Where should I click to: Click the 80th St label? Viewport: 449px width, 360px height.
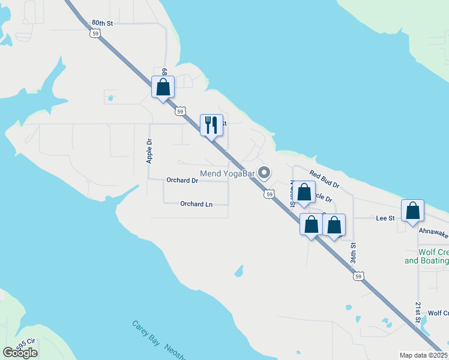click(x=103, y=23)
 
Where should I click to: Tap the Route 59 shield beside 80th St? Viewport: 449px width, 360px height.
click(x=96, y=34)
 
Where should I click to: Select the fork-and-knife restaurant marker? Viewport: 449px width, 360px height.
click(x=211, y=125)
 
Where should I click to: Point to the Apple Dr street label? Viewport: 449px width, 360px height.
click(x=149, y=151)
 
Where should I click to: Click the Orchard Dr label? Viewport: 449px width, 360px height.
click(x=182, y=180)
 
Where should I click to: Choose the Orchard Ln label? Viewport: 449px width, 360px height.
click(x=196, y=204)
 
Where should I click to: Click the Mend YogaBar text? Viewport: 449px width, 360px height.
click(x=228, y=174)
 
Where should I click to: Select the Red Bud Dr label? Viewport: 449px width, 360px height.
click(x=325, y=178)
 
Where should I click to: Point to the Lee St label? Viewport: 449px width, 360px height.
click(x=385, y=218)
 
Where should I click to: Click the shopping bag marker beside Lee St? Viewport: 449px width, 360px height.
click(x=412, y=211)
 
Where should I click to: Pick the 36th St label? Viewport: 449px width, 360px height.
click(x=354, y=254)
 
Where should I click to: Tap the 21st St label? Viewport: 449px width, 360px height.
click(x=418, y=312)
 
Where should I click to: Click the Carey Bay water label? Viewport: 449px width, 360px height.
click(x=146, y=334)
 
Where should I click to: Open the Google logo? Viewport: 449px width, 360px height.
click(x=20, y=352)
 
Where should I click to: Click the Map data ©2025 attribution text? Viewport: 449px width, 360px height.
click(x=423, y=355)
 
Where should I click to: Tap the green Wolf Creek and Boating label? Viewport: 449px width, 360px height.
click(x=427, y=256)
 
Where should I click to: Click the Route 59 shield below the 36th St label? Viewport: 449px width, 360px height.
click(x=358, y=276)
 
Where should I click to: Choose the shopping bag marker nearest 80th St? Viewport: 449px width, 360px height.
click(x=163, y=88)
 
